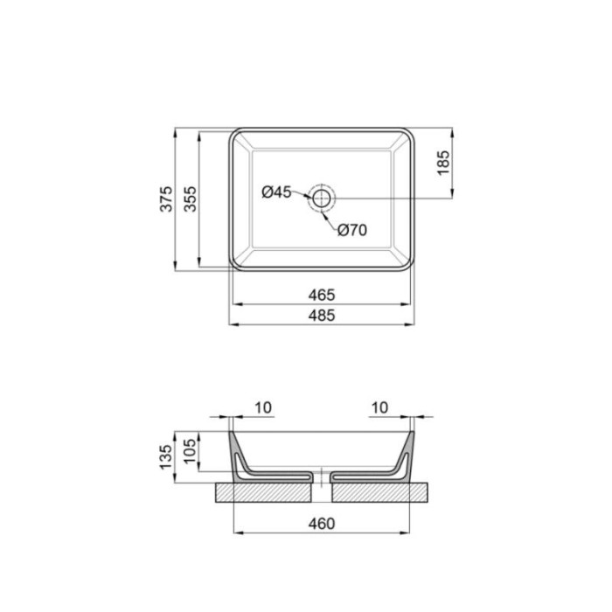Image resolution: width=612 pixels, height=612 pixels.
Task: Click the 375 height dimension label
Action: click(166, 199)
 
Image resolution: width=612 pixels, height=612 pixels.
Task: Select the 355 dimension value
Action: click(190, 199)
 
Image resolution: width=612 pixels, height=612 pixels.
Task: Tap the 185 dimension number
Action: click(443, 163)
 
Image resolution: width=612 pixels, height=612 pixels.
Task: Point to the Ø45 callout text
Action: click(276, 192)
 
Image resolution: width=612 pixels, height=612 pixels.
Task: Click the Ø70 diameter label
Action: click(352, 230)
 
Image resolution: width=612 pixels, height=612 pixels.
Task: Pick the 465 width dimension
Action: click(322, 296)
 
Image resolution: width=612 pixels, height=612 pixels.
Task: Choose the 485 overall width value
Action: click(322, 316)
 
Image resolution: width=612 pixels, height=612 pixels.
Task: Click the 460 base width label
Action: click(322, 524)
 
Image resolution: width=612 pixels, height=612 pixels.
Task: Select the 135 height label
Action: click(166, 457)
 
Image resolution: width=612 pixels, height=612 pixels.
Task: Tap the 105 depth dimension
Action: click(190, 451)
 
